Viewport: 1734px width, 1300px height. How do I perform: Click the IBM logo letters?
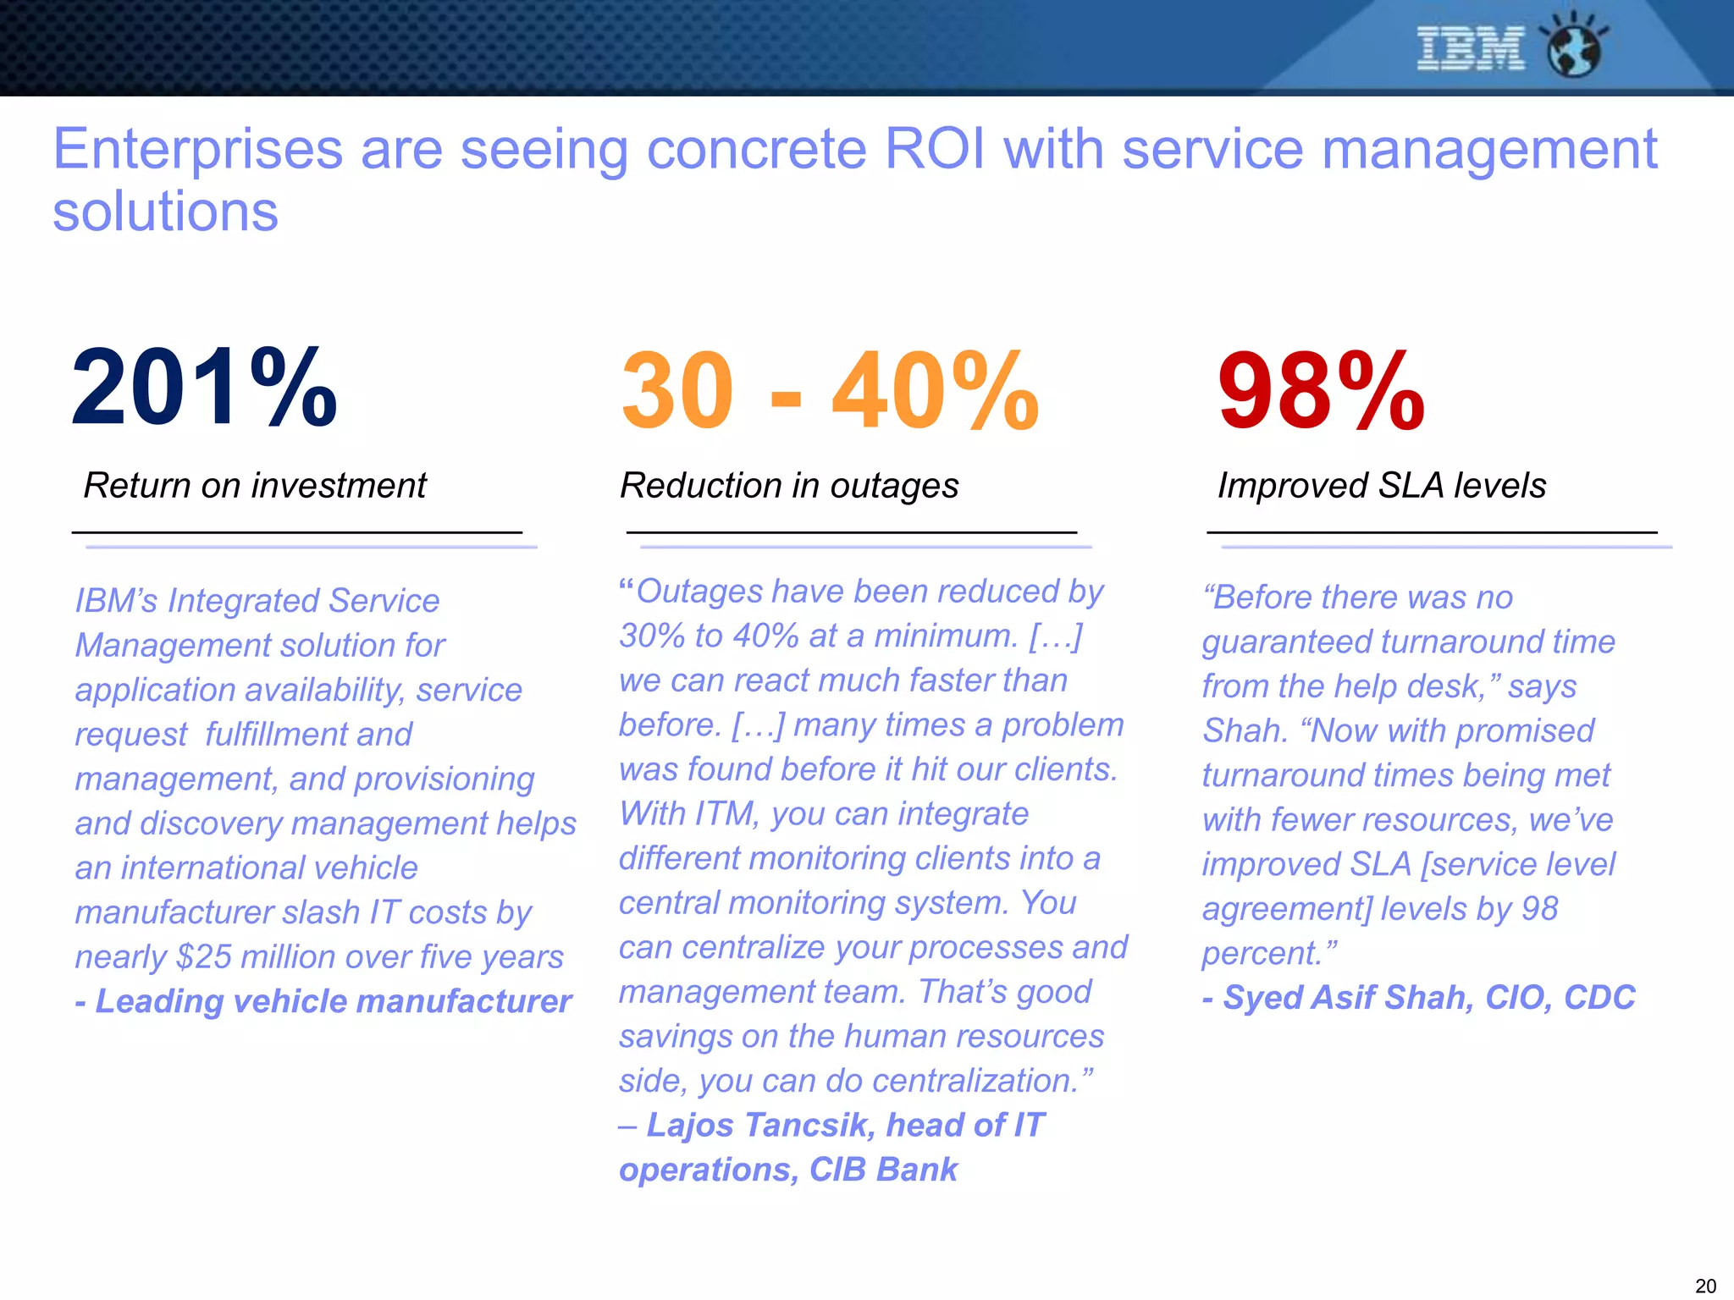(1471, 48)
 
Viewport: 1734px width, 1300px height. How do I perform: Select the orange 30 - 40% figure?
(830, 391)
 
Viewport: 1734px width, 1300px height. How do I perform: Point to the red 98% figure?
(1321, 391)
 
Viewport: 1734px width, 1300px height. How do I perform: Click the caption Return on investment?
(254, 486)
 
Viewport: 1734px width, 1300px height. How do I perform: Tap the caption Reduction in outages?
(789, 486)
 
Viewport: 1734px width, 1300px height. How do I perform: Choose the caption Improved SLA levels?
(1382, 486)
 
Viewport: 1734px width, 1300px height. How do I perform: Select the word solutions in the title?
(165, 212)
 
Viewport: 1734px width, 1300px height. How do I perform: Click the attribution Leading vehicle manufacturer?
(333, 1001)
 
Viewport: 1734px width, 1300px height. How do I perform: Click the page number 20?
(1705, 1286)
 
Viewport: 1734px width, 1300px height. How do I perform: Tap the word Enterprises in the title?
(197, 150)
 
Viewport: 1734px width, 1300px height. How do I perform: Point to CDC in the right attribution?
(1599, 998)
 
